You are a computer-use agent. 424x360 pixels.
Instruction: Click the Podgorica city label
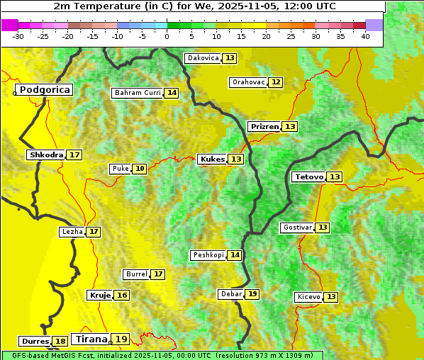coord(45,90)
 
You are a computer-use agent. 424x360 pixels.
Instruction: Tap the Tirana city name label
coord(91,339)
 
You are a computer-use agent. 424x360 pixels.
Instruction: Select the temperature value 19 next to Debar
coord(252,294)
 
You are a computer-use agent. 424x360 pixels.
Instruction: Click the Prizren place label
coord(264,126)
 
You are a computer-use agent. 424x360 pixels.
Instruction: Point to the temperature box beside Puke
coord(140,169)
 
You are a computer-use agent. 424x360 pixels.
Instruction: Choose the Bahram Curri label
coord(138,93)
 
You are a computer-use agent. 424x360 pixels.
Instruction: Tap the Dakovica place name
coord(203,58)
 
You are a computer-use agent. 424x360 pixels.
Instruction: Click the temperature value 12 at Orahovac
coord(276,82)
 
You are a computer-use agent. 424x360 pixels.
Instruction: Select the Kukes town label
coord(213,159)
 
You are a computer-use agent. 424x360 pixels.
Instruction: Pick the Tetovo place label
coord(309,176)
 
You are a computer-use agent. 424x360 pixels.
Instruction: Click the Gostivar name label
coord(297,227)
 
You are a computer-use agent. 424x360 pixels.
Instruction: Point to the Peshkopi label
coord(208,255)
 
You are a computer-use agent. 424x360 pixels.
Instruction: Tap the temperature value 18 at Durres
coord(61,342)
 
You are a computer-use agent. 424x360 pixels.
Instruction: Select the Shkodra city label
coord(46,154)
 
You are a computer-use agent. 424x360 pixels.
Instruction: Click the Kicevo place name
coord(308,296)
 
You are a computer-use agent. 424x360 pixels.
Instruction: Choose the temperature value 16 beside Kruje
coord(122,295)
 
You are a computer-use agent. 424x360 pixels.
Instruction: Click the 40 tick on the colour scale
coord(364,36)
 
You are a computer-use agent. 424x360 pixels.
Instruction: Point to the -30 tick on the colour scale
coord(18,36)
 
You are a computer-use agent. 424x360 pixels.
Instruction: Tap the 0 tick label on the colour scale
coord(167,36)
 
